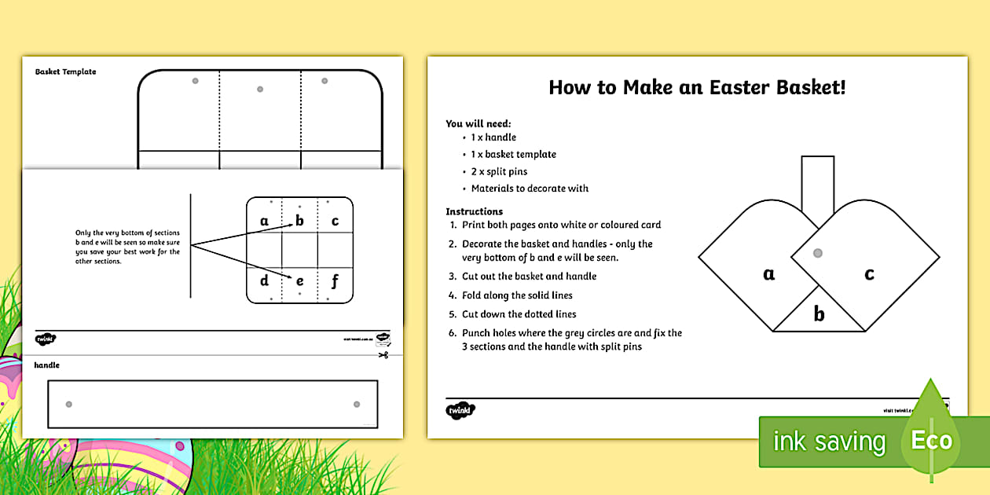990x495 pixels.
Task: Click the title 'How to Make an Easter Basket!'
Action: pos(697,87)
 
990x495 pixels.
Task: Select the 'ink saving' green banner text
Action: pos(829,442)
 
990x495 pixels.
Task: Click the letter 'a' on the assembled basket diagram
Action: pos(768,274)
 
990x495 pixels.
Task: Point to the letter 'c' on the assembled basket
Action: pos(869,274)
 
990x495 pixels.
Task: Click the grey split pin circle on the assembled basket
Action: pos(817,254)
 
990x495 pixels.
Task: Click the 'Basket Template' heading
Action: pos(66,71)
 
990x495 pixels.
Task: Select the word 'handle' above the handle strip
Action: pos(46,365)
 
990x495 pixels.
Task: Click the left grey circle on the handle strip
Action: pos(68,404)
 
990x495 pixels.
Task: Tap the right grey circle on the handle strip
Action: pos(357,404)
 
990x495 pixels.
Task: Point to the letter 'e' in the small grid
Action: pos(299,280)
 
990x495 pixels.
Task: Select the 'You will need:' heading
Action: pos(478,123)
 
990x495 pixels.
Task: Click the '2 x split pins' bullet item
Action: pos(499,171)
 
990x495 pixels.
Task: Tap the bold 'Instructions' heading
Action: pos(474,211)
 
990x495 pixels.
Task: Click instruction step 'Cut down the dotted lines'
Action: pos(519,314)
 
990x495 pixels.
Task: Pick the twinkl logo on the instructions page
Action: pos(461,410)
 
